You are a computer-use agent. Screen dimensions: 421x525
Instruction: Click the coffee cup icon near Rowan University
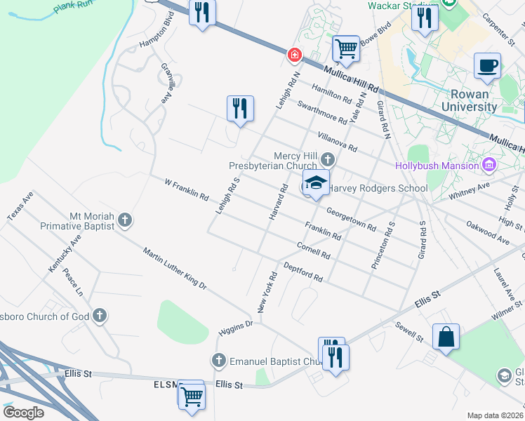coord(487,66)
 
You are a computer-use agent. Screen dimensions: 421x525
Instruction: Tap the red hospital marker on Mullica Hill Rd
coord(295,54)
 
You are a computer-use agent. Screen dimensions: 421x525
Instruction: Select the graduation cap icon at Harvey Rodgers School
coord(316,183)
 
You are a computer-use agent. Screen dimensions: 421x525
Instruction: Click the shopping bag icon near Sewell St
coord(446,338)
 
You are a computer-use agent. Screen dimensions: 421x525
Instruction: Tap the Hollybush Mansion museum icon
coord(490,166)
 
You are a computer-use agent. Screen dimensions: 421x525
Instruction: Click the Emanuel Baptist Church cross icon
coord(218,361)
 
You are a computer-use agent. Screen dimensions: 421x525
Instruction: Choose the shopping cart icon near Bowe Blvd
coord(346,48)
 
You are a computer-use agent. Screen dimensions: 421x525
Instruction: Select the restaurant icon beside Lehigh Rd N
coord(240,109)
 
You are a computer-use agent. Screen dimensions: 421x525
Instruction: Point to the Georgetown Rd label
coord(351,219)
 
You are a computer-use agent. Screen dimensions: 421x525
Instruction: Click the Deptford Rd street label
coord(303,272)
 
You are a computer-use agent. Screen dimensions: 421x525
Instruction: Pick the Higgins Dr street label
coord(235,328)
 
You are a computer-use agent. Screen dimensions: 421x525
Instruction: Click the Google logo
coord(22,412)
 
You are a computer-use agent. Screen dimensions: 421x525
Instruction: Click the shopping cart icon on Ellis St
coord(191,394)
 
